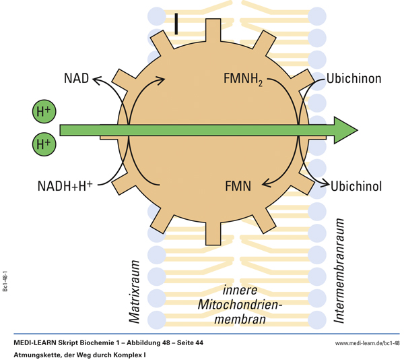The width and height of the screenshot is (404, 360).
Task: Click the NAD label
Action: pos(76,78)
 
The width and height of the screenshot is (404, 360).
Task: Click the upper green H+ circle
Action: pos(43,112)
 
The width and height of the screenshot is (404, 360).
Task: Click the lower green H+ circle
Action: pos(43,144)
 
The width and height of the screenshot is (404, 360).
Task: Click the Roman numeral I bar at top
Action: pos(176,23)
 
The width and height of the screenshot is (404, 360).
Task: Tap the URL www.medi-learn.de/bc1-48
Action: pos(367,344)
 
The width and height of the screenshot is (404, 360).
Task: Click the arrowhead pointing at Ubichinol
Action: pos(325,183)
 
